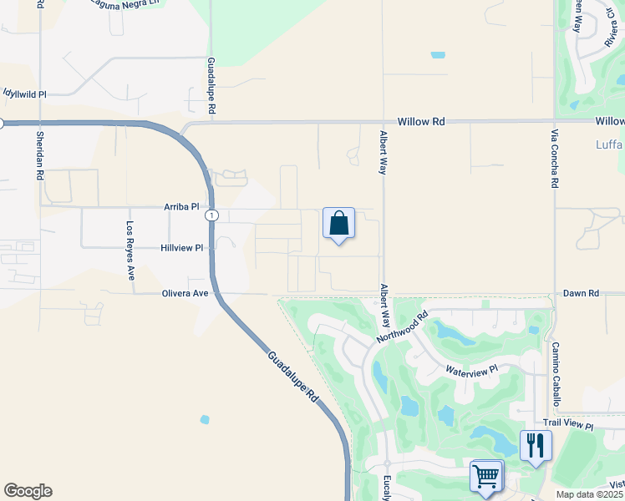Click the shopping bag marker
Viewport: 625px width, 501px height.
338,224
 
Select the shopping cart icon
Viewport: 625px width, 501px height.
486,476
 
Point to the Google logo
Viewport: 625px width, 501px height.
28,491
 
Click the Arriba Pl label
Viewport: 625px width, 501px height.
182,206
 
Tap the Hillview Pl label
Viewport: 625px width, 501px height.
182,248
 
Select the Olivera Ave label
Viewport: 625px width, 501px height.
185,293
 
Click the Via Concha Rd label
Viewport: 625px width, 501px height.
553,159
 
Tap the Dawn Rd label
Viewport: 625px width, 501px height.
581,293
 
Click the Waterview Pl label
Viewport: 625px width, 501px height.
471,369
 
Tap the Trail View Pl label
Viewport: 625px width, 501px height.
567,426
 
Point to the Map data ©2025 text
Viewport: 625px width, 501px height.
589,494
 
